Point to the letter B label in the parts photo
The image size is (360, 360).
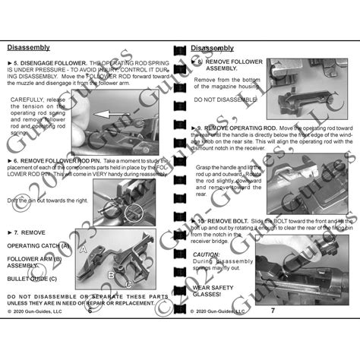point(111,273)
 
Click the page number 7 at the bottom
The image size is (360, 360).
point(273,310)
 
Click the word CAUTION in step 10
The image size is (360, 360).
point(206,254)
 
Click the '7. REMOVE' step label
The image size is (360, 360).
point(30,230)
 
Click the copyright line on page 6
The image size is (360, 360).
point(39,311)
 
